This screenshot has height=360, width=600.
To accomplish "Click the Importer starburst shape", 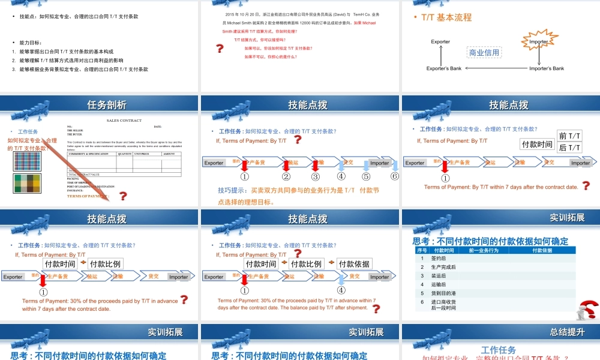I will coord(538,42).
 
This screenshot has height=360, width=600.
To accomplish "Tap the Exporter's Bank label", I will coord(444,68).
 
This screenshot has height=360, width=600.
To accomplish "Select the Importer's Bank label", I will coord(547,68).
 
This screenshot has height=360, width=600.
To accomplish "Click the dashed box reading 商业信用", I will coord(484,53).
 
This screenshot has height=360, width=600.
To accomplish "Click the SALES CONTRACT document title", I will coord(124,121).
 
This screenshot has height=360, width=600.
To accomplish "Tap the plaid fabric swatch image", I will coord(26,161).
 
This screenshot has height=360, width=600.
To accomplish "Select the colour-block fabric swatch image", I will coord(26,184).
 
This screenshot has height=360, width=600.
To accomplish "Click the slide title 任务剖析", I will coord(107,105).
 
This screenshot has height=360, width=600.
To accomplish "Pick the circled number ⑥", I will coord(395,176).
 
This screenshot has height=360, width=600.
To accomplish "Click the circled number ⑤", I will coord(366,176).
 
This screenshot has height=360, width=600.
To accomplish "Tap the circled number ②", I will coord(286,176).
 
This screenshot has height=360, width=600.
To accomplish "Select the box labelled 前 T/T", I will coord(569,136).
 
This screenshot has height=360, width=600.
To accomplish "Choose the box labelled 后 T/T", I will coord(569,148).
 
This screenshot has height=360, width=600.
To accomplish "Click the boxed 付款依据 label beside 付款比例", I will coord(354,264).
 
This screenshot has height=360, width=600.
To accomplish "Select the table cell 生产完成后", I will coord(443,267).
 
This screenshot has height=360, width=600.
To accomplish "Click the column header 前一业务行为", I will coord(484,250).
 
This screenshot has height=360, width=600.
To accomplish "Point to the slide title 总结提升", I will coord(567,332).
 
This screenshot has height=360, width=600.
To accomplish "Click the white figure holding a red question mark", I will coord(584,310).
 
